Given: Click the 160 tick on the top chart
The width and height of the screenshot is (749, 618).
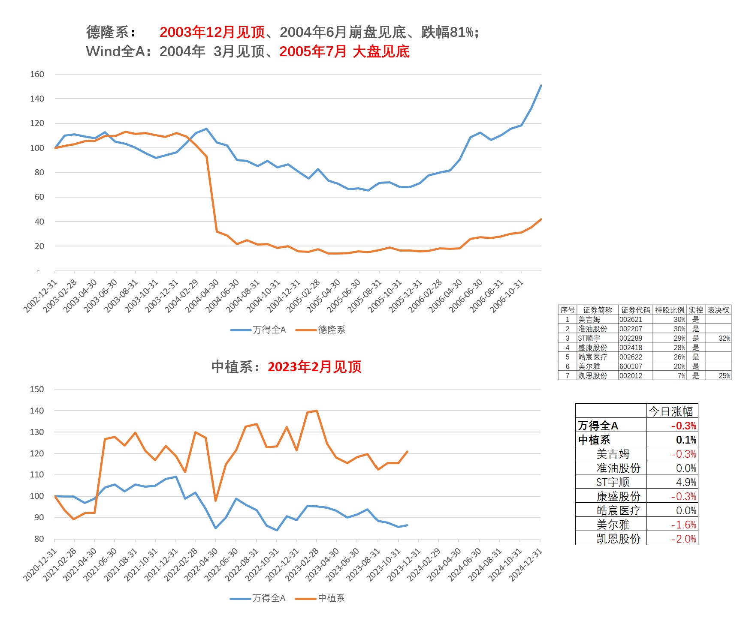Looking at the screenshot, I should [x=37, y=74].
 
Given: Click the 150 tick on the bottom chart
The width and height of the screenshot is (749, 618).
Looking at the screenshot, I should [x=37, y=389].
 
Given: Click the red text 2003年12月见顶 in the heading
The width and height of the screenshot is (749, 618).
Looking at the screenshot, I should [x=212, y=32].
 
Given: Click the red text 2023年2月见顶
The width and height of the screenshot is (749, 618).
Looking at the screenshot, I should [x=314, y=367].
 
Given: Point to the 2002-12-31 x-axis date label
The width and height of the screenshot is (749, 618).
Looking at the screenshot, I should [x=40, y=296].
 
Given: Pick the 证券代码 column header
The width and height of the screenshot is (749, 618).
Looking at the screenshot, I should [x=635, y=310].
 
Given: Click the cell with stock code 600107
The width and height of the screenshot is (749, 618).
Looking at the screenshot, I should [x=631, y=366].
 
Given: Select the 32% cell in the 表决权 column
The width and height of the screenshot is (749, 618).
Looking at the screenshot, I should [x=724, y=338].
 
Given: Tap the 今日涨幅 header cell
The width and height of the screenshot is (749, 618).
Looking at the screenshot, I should [x=671, y=411].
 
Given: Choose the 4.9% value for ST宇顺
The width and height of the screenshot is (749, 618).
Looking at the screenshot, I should [x=686, y=482].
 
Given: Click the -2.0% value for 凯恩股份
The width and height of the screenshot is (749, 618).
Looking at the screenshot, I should [x=684, y=539].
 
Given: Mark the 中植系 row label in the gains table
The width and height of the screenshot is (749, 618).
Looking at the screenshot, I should [x=594, y=440].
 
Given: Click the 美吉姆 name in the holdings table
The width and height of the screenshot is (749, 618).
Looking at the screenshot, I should [x=589, y=319].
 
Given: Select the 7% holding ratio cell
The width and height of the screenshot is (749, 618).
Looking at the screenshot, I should [x=681, y=376].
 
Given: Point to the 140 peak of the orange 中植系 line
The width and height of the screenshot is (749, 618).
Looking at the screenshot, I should [x=317, y=411].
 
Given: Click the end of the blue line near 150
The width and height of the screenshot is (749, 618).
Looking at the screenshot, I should [x=541, y=86].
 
